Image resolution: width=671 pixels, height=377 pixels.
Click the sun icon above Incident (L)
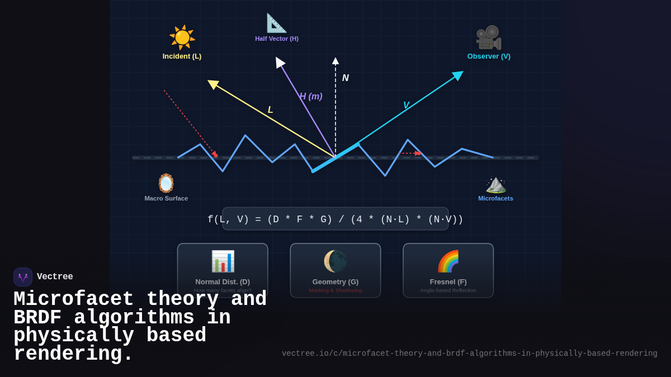coord(182,37)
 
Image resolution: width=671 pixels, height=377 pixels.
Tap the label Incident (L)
coord(182,56)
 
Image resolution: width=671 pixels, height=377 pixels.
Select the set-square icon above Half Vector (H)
coord(276,23)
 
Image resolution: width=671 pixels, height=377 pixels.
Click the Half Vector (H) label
coord(277,39)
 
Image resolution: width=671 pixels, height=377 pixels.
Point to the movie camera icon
coord(488,37)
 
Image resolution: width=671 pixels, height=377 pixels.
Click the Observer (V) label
coord(489,56)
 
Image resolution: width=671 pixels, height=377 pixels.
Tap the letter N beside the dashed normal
coord(346,78)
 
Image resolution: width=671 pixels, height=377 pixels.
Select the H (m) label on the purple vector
coord(311,97)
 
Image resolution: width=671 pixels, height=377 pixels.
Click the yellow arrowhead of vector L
coord(213,84)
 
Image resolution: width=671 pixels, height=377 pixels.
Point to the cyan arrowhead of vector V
coord(458,75)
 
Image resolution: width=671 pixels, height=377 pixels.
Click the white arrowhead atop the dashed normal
coord(335,61)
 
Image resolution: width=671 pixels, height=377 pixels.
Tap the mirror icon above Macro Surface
coord(166,183)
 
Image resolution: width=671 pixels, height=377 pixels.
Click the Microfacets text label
coord(495,198)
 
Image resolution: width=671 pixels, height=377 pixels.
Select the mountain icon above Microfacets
coord(495,183)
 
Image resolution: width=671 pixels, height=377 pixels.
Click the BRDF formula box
coord(335,219)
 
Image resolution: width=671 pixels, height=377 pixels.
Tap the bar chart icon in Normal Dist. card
coord(223,261)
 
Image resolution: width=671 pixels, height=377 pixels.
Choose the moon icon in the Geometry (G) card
coord(335,261)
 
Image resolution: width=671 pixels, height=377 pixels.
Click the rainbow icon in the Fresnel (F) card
coord(448,261)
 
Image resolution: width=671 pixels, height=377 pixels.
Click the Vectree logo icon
coord(23,277)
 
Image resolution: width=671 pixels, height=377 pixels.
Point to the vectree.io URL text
coord(470,354)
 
